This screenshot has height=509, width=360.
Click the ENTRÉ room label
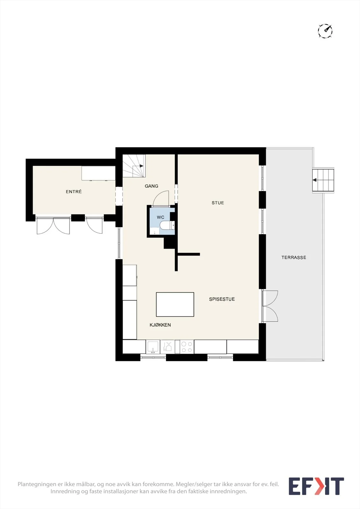tap(74, 192)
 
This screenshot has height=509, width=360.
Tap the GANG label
tap(152, 186)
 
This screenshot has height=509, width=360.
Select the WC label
tap(160, 217)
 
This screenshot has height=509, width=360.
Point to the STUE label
tap(218, 203)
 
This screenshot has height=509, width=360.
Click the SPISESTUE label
tap(222, 299)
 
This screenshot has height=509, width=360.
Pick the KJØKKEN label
tap(160, 325)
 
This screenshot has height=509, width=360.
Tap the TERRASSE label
tap(294, 257)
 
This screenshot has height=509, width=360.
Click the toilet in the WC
tap(167, 225)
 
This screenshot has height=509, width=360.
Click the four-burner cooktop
tap(187, 347)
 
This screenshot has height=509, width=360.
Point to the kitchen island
tap(175, 304)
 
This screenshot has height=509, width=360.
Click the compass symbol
tap(325, 31)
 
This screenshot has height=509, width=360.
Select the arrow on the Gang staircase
tap(141, 166)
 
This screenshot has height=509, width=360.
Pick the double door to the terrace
tap(270, 306)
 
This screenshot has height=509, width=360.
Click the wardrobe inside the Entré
tap(98, 173)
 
